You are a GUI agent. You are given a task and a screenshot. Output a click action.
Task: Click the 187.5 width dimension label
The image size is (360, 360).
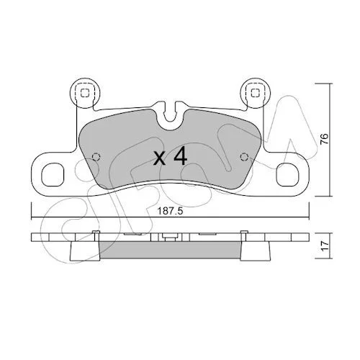(170, 211)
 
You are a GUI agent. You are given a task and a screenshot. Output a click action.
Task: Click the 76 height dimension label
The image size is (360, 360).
(325, 139)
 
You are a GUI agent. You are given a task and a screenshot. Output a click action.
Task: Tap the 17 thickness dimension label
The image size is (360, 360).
(325, 246)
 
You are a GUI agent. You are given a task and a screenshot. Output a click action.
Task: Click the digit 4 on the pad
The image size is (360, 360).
(180, 156)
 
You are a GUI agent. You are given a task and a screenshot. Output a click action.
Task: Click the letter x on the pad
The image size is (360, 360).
(160, 159)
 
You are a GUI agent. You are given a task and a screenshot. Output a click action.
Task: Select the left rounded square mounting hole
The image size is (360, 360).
(53, 174)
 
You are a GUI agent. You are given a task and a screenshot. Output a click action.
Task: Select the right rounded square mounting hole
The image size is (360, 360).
(288, 174)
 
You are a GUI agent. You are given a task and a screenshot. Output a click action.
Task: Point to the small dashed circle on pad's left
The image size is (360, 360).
(96, 157)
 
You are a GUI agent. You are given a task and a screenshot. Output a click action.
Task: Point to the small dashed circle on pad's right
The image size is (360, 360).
(244, 157)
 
